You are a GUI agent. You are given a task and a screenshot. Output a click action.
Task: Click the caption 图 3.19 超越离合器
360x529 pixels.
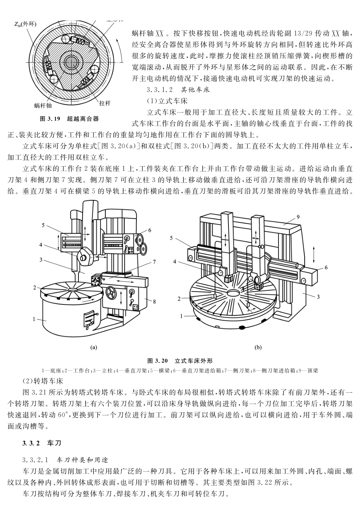(x=69, y=119)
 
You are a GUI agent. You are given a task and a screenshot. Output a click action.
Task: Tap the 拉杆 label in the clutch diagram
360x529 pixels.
(x=105, y=103)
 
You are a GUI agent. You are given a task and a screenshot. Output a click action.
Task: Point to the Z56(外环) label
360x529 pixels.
(x=25, y=25)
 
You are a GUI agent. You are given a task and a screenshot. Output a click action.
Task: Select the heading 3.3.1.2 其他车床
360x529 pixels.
(x=178, y=90)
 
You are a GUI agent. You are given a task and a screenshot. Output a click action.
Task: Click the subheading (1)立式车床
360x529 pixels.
(x=167, y=101)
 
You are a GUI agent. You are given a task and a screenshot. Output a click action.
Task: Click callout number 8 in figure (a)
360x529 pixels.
(x=154, y=301)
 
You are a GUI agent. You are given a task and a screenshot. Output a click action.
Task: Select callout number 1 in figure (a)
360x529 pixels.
(x=34, y=319)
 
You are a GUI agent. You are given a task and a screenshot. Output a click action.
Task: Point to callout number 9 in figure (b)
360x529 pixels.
(x=298, y=217)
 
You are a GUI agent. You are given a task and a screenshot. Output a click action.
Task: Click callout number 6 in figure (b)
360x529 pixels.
(x=326, y=267)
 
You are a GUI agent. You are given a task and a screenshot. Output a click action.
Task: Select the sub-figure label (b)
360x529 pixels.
(x=258, y=346)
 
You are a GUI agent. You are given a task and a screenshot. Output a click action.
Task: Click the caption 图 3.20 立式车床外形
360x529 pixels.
(x=180, y=360)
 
